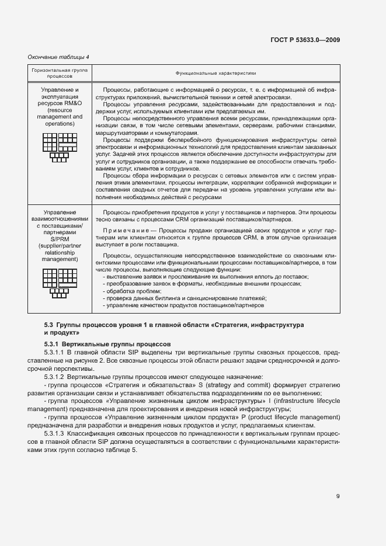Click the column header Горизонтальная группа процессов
[x=60, y=73]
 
